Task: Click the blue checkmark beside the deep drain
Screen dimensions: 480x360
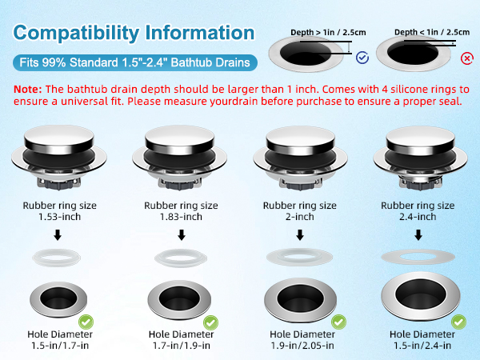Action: [x=362, y=58]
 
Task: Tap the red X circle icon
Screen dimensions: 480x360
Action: [x=467, y=58]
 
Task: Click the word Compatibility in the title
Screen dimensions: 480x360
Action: [x=76, y=33]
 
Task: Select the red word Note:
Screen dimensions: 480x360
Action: [x=28, y=90]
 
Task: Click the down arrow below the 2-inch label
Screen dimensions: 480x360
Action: [x=300, y=235]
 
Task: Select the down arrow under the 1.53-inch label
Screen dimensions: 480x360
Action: [x=58, y=235]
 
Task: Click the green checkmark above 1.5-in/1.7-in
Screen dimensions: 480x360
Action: [x=86, y=322]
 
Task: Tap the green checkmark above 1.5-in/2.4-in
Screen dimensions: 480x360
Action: [x=458, y=322]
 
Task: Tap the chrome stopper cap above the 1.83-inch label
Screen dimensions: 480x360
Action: [x=179, y=139]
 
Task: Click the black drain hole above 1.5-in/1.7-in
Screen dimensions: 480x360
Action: [x=58, y=298]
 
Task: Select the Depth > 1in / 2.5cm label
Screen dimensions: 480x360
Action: [x=328, y=33]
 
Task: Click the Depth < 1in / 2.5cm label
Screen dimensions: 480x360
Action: [x=432, y=32]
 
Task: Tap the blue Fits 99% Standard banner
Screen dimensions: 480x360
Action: [x=135, y=62]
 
